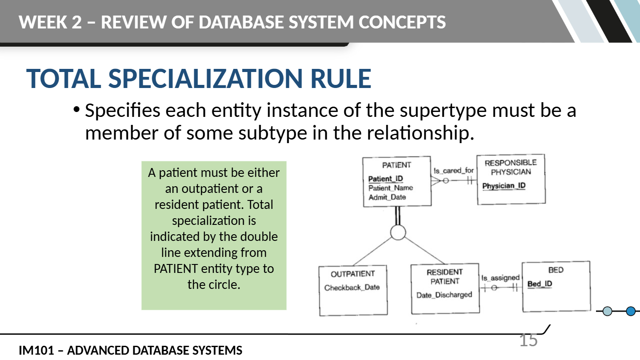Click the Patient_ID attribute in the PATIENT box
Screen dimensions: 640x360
coord(385,179)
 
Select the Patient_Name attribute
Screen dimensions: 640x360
coord(391,188)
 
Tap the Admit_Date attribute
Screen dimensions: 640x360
coord(387,197)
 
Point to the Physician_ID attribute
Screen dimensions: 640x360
coord(504,186)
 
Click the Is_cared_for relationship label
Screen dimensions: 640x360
coord(454,171)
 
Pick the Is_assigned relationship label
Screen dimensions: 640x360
coord(500,278)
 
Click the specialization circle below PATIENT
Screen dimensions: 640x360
coord(398,232)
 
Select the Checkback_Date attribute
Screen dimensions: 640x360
coord(352,288)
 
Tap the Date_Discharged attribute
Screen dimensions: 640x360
coord(444,295)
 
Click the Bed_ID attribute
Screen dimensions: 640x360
coord(540,284)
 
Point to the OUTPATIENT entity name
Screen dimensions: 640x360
coord(353,274)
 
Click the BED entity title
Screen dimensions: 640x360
coord(556,270)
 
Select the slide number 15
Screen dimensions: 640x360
coord(528,340)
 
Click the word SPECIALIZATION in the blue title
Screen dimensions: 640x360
coord(205,79)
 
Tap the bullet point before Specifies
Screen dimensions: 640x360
coord(76,109)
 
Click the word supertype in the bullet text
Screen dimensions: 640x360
coord(443,111)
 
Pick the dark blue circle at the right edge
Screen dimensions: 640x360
coord(631,311)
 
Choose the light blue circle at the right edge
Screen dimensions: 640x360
coord(608,311)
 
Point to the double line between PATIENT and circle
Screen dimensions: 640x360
coord(398,216)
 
